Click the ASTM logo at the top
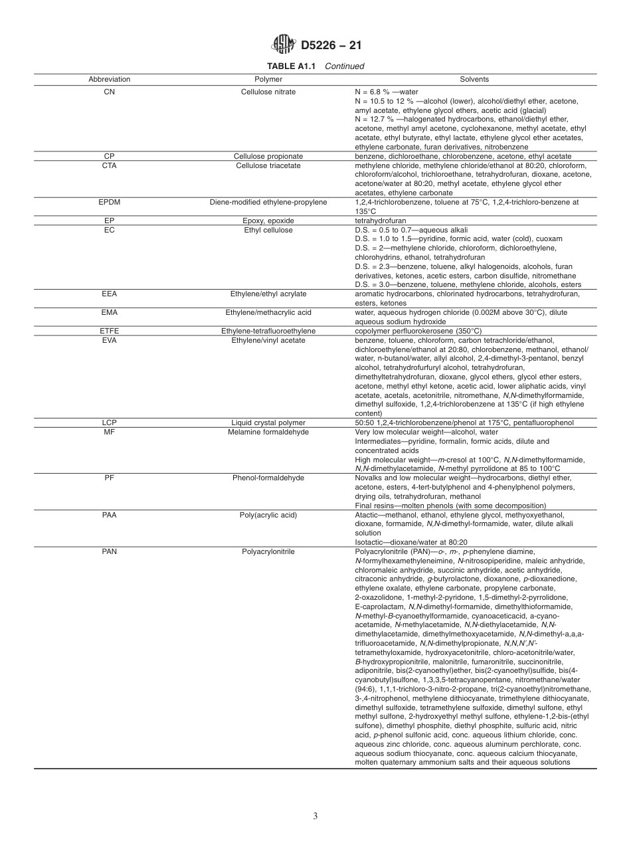(284, 45)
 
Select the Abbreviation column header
(110, 79)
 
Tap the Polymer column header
(268, 79)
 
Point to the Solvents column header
(474, 79)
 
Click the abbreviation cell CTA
(110, 165)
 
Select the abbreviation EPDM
(110, 202)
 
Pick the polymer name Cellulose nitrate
(268, 91)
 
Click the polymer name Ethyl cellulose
(268, 230)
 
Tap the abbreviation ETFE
(110, 331)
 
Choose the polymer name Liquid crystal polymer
(268, 423)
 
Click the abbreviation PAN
(110, 551)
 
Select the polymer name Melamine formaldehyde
(268, 432)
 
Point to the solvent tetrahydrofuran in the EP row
(381, 221)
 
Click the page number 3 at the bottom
(315, 816)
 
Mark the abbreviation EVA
(110, 340)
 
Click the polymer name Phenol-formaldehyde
(268, 478)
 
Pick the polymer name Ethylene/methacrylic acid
(268, 312)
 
